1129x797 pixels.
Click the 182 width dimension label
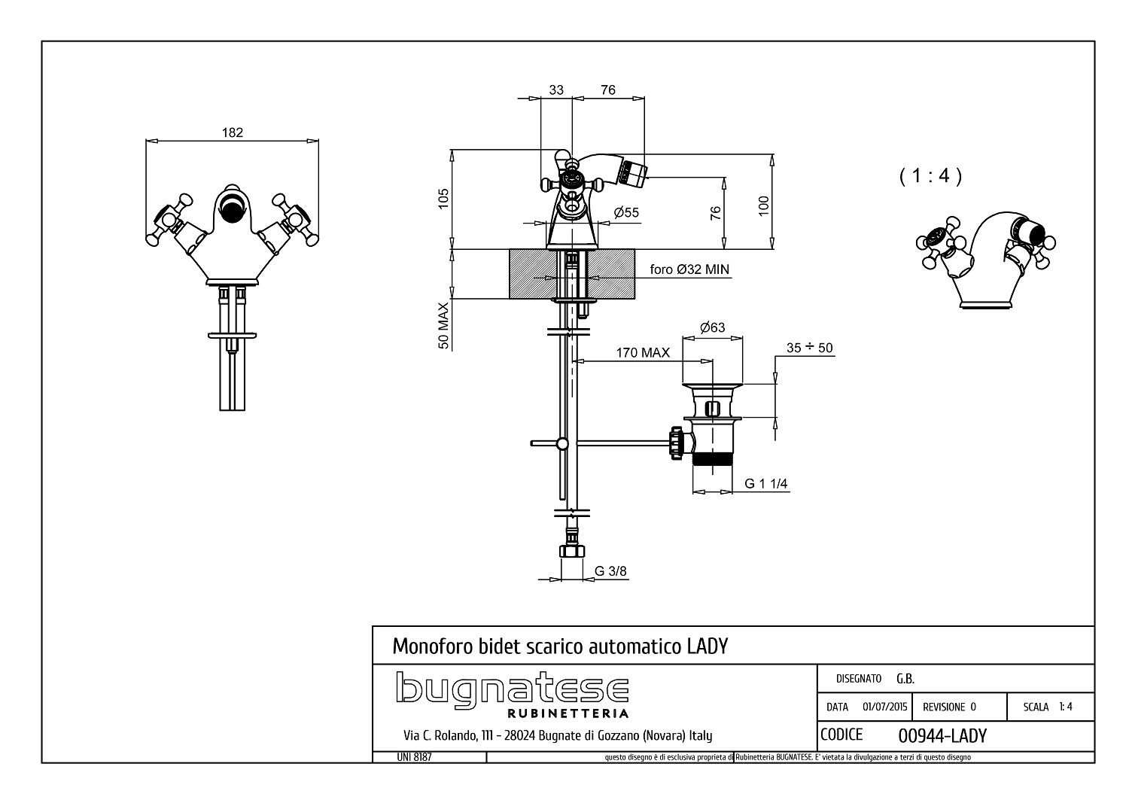pyautogui.click(x=233, y=132)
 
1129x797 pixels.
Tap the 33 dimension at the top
pyautogui.click(x=556, y=90)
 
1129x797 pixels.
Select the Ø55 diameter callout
pyautogui.click(x=626, y=212)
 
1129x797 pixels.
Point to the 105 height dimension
pyautogui.click(x=443, y=199)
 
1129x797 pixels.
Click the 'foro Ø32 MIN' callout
pyautogui.click(x=689, y=269)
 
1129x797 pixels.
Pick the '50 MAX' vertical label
pyautogui.click(x=443, y=325)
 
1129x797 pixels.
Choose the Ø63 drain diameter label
pyautogui.click(x=712, y=327)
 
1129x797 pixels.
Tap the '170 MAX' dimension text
pyautogui.click(x=643, y=353)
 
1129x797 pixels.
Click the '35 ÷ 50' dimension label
pyautogui.click(x=809, y=348)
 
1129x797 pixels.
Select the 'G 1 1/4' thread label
pyautogui.click(x=765, y=484)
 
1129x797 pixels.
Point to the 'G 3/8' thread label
pyautogui.click(x=610, y=571)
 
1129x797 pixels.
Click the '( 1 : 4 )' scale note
pyautogui.click(x=930, y=175)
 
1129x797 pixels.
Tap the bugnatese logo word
pyautogui.click(x=512, y=687)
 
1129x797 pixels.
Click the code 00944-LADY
pyautogui.click(x=942, y=737)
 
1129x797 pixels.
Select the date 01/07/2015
pyautogui.click(x=884, y=707)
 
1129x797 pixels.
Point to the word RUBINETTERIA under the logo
pyautogui.click(x=568, y=713)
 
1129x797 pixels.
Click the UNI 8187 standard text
pyautogui.click(x=414, y=757)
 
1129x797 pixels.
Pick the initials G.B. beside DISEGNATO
pyautogui.click(x=905, y=679)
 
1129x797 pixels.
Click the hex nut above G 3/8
pyautogui.click(x=571, y=551)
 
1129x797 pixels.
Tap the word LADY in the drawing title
pyautogui.click(x=708, y=646)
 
